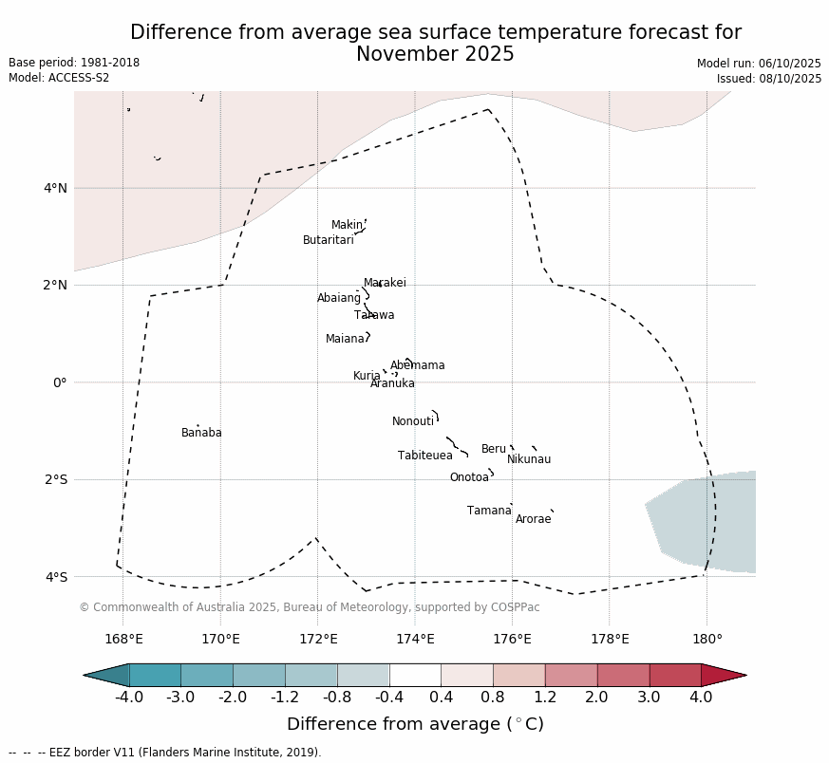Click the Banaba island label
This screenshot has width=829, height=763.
pos(201,433)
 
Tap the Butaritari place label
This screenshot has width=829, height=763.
pos(328,240)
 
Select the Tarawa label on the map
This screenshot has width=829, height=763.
pos(374,315)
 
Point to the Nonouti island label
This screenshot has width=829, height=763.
pos(413,421)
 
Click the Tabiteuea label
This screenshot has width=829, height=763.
pos(424,456)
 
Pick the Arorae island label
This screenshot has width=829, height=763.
pos(533,519)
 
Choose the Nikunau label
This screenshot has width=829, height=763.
pos(529,459)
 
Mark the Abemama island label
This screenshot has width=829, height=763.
pos(417,365)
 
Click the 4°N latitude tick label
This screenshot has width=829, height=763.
pos(55,188)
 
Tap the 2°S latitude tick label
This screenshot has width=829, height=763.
pos(55,479)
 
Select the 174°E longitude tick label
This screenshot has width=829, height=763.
pos(415,639)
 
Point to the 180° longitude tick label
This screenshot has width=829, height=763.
pos(707,639)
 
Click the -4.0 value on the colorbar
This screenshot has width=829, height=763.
pos(129,698)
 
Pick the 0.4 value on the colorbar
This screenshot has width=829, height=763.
pos(442,698)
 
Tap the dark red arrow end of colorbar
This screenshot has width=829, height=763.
pos(724,675)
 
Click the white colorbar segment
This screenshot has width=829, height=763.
pos(415,675)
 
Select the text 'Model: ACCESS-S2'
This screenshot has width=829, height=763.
pos(59,78)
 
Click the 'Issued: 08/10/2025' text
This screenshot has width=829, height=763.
pos(769,79)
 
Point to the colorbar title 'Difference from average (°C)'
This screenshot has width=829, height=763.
pos(415,724)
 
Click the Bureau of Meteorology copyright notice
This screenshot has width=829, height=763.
pos(309,607)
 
